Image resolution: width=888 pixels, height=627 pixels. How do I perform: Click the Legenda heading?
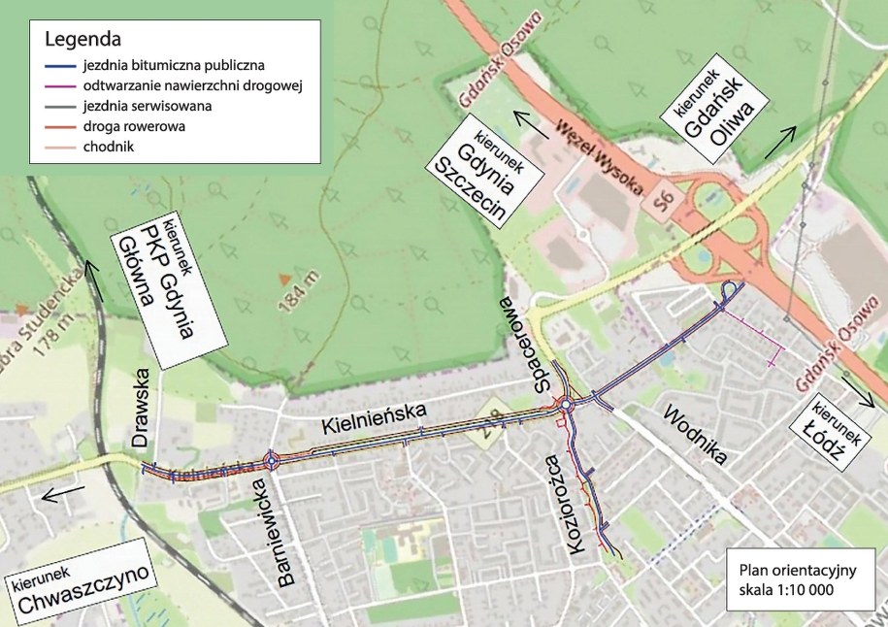(82, 41)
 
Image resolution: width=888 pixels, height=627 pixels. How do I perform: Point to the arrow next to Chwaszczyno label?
(55, 493)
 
